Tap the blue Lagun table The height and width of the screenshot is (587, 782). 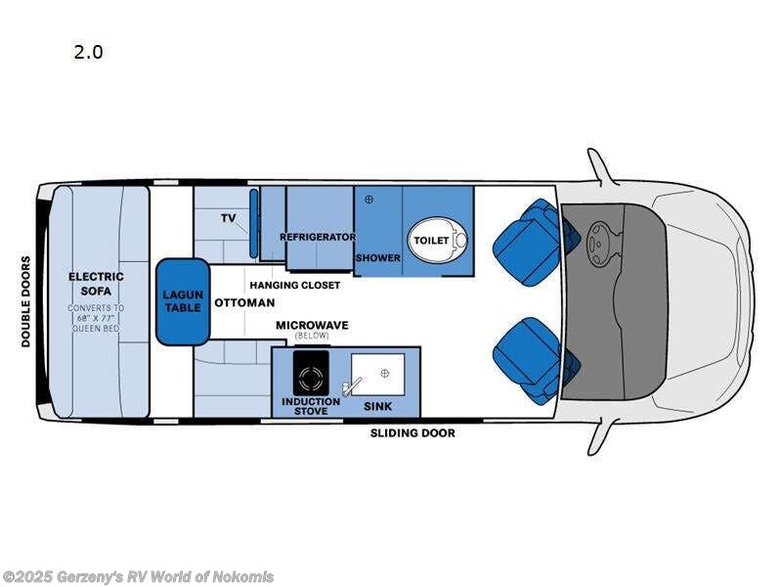tap(183, 301)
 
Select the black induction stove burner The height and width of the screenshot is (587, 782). tap(311, 378)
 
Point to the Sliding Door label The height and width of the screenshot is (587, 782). tap(412, 432)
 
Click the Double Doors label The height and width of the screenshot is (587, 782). tap(26, 301)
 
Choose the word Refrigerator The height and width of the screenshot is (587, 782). tap(317, 238)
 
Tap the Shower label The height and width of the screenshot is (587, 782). tap(377, 258)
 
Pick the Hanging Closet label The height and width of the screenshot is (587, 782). tap(294, 285)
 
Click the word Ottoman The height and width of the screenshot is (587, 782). tap(236, 302)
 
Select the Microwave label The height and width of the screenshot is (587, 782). tap(312, 325)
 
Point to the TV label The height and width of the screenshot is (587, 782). tap(229, 218)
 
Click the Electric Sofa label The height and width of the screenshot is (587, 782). tap(96, 284)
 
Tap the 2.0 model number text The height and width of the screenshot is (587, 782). tap(88, 53)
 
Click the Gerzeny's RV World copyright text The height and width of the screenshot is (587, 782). tap(138, 577)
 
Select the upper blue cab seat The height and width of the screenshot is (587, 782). tap(531, 241)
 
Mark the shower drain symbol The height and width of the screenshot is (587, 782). tap(369, 200)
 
